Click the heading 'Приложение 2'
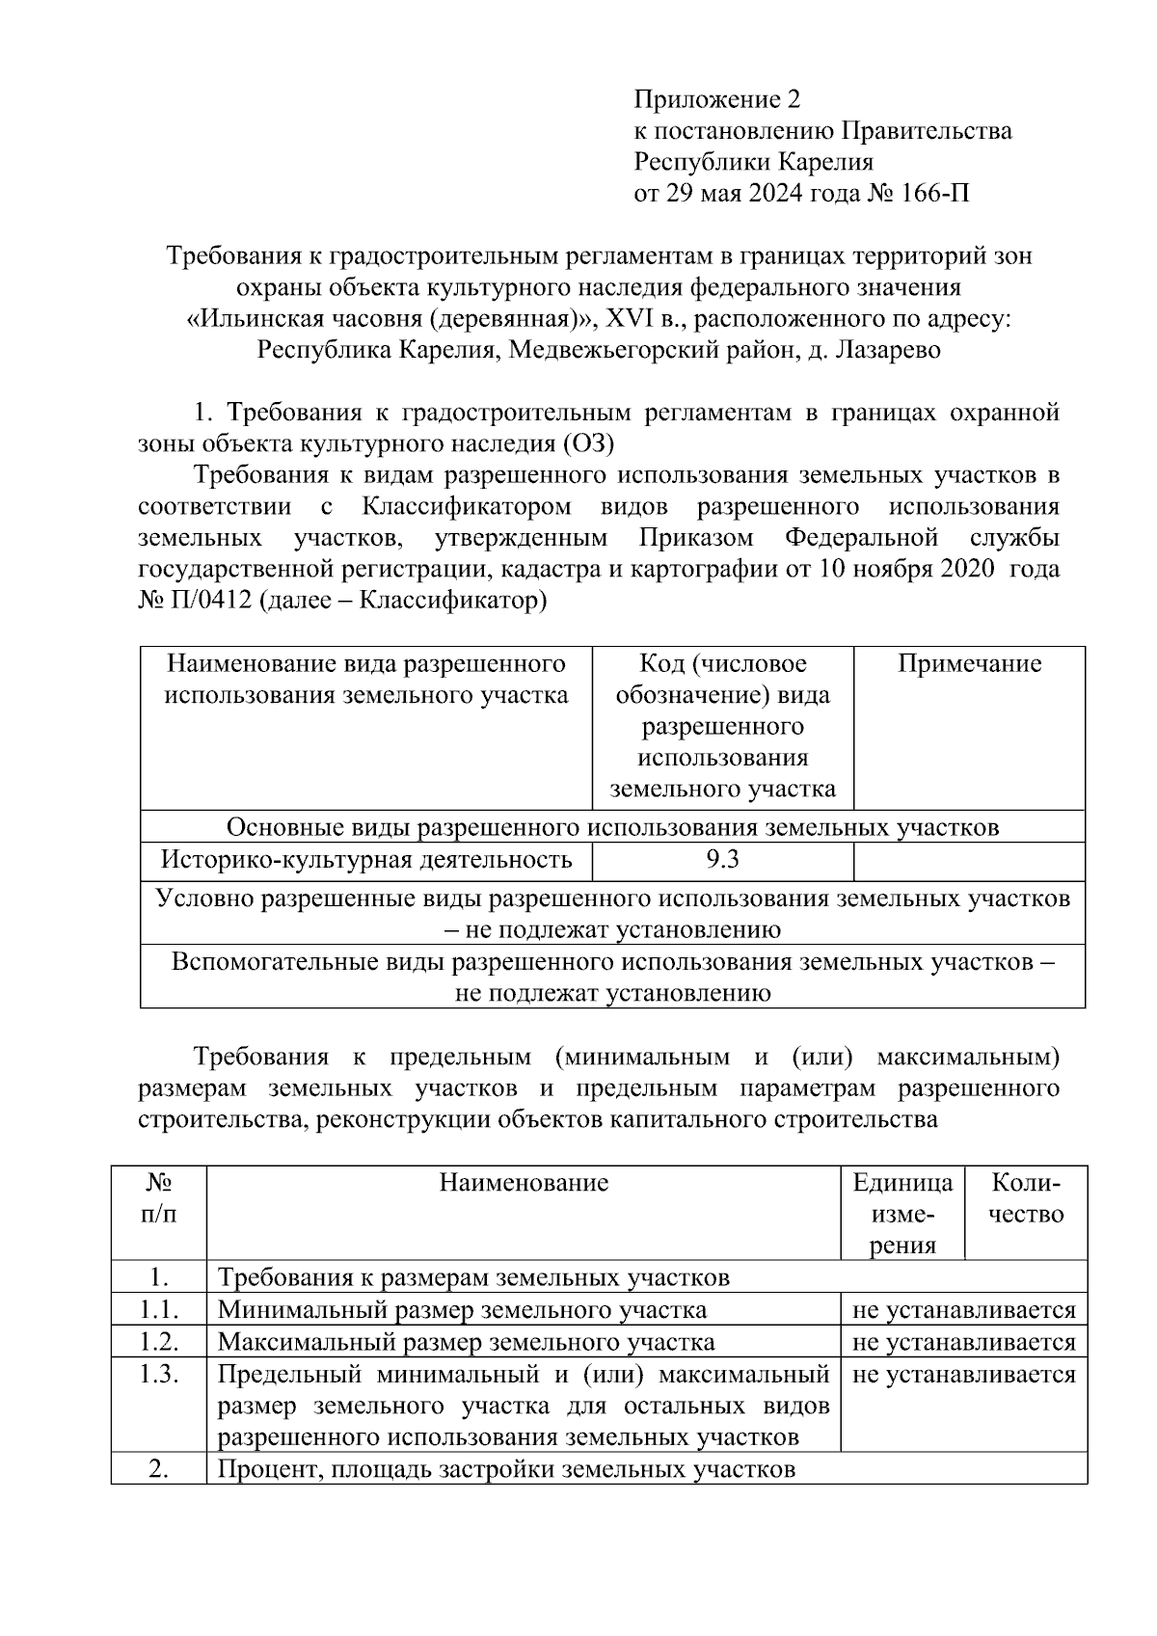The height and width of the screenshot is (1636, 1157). point(716,99)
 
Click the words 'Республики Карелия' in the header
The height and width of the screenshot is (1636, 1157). point(752,162)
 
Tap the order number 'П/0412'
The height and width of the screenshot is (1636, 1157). point(209,601)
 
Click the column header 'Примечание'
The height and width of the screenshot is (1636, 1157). point(969,664)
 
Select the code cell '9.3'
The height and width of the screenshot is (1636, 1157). point(722,859)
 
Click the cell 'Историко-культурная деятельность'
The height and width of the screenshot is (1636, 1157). point(365,859)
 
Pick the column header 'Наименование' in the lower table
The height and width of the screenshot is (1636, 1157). point(524,1183)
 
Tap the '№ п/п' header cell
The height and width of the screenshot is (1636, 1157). point(159,1198)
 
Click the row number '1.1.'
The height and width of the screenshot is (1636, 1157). point(159,1310)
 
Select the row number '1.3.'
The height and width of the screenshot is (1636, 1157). point(159,1374)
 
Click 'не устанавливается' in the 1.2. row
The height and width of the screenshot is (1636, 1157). point(963,1342)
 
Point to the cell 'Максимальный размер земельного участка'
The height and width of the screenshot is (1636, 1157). point(466,1342)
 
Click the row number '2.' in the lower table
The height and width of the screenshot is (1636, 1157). point(159,1469)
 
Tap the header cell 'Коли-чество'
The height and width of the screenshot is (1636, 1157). point(1026,1198)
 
